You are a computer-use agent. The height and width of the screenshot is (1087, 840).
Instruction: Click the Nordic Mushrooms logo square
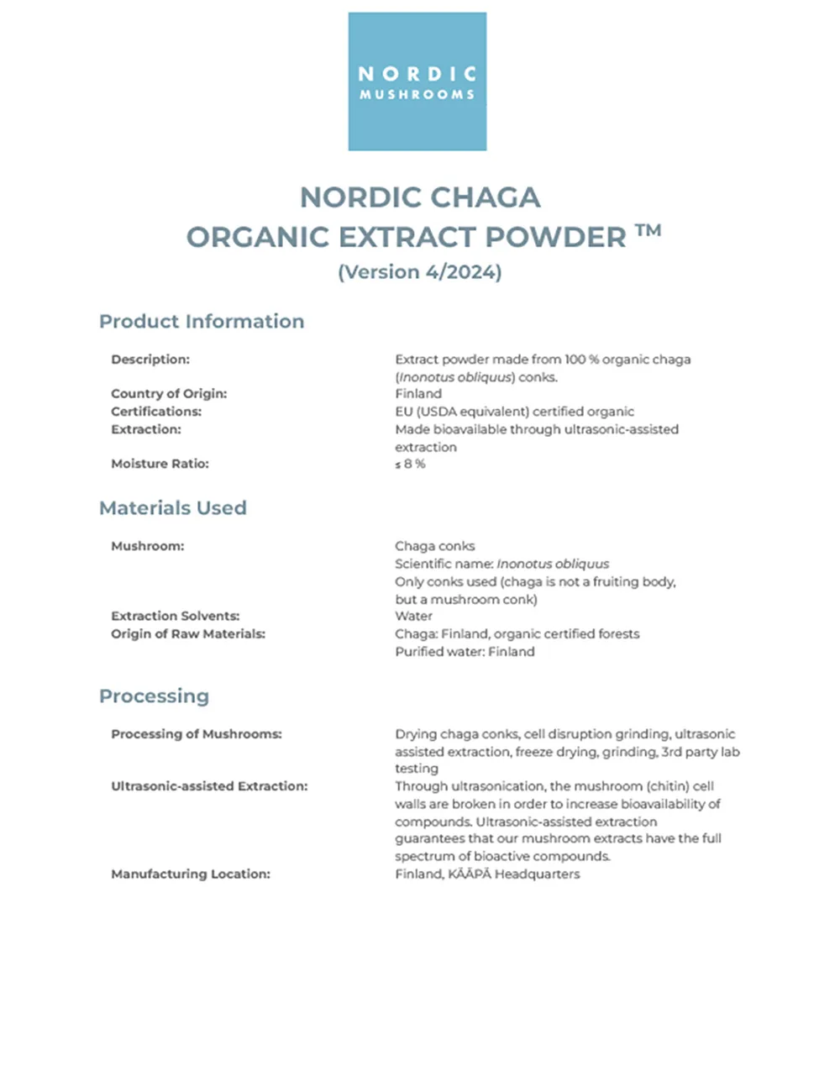417,81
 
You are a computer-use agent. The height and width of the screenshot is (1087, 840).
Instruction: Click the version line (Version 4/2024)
419,272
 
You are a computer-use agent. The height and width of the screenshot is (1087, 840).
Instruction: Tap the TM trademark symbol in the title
648,231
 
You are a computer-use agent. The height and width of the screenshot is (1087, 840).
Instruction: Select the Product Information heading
202,322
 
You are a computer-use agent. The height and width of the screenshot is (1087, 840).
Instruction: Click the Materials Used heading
173,508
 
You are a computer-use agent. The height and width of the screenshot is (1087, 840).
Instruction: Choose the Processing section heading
154,696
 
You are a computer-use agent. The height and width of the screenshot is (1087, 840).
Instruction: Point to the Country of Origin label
169,394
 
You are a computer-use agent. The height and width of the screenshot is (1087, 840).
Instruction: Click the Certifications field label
156,412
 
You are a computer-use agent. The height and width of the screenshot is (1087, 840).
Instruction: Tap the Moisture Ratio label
160,464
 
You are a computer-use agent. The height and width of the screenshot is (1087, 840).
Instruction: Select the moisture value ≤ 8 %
410,464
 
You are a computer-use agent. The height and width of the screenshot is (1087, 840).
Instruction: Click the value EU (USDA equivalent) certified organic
514,412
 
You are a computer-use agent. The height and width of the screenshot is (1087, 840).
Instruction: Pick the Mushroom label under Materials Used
147,546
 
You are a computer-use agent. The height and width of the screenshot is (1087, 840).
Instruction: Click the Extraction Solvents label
175,616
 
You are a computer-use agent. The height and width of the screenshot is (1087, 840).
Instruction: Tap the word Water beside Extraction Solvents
413,616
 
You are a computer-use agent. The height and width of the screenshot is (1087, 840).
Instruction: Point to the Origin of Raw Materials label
188,634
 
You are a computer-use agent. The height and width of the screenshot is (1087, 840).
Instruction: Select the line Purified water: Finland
465,652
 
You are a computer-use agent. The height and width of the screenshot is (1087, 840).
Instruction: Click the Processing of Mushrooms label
197,734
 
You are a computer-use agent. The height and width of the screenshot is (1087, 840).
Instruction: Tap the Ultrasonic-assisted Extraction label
209,786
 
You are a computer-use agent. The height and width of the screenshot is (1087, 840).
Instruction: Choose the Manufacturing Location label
191,874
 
